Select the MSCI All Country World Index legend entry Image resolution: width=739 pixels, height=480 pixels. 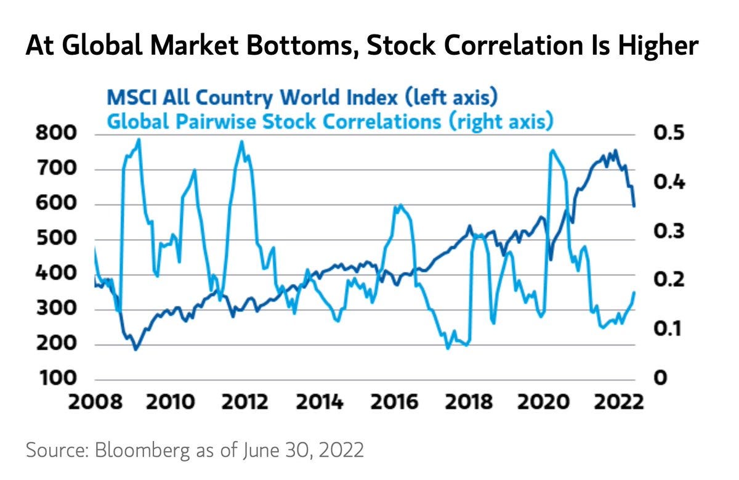(x=302, y=97)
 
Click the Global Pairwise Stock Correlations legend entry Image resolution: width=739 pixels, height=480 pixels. (x=329, y=121)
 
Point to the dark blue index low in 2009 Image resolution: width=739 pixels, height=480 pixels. (x=135, y=349)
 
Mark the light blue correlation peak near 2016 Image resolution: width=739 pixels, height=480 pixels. (x=401, y=205)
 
